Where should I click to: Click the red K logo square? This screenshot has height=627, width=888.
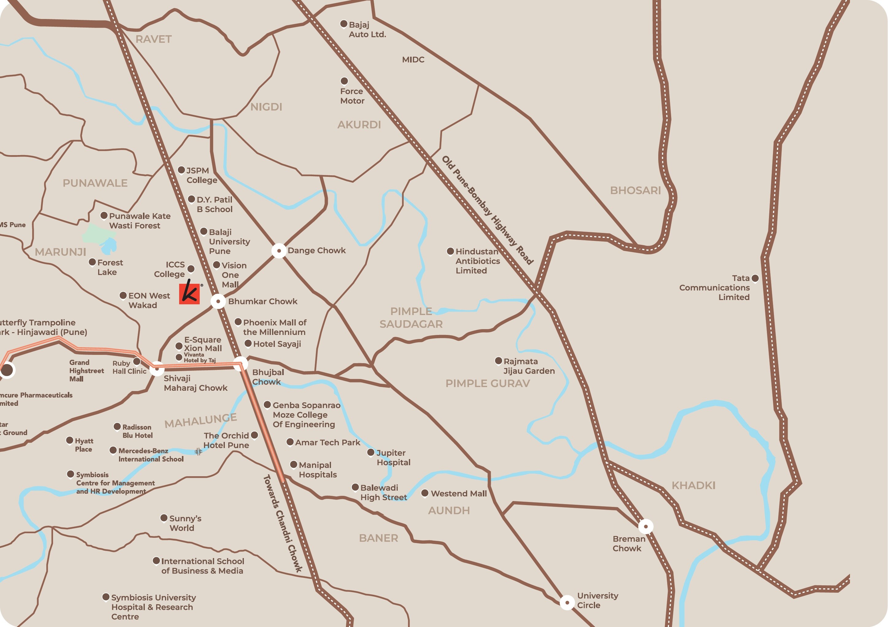click(190, 294)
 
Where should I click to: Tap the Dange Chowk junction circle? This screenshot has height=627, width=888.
click(279, 251)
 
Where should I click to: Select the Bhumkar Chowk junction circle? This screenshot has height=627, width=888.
click(218, 301)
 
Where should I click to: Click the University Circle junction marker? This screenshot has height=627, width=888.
click(567, 602)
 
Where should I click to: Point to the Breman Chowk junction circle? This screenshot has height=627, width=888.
click(645, 526)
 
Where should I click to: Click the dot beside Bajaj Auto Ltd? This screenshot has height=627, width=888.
click(344, 24)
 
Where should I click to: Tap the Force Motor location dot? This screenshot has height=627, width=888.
click(344, 81)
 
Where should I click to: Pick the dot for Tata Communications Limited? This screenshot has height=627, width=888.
click(755, 278)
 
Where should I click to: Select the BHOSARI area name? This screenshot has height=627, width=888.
click(636, 190)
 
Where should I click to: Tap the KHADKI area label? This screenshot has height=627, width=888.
click(694, 486)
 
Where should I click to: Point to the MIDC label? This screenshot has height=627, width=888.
click(413, 60)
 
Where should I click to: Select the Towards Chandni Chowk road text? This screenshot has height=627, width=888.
click(282, 523)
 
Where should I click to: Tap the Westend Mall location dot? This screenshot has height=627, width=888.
click(425, 493)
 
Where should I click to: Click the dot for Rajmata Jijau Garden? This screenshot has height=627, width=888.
click(498, 361)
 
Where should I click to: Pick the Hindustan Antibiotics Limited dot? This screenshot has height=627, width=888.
click(450, 251)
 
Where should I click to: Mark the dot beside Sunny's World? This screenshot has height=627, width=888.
click(164, 518)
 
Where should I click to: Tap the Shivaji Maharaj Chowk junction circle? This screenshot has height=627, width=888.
click(157, 369)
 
